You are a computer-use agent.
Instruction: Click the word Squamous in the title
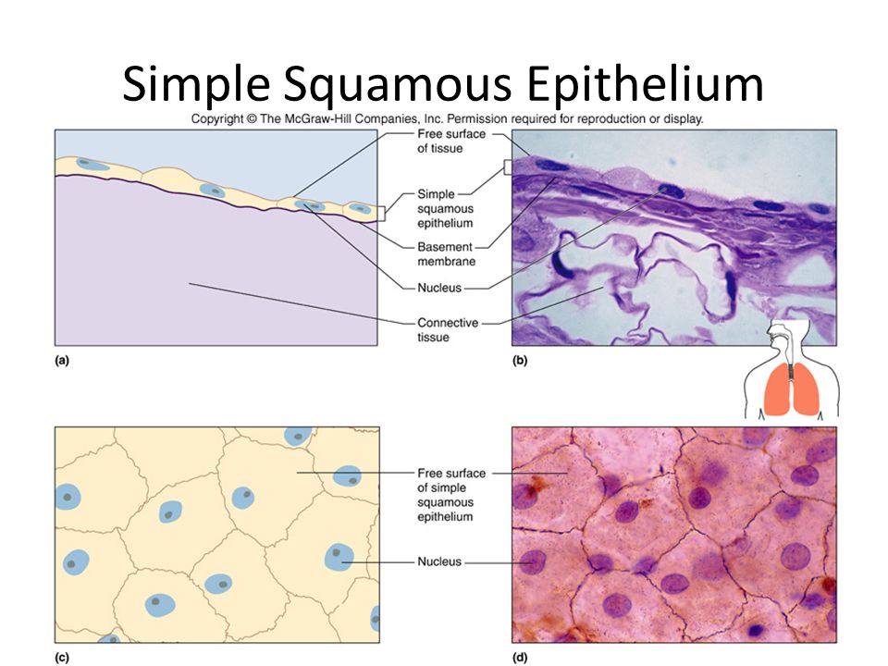[x=398, y=84]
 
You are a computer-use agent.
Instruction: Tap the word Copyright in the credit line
[x=216, y=119]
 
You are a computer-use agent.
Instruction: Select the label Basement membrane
[x=446, y=254]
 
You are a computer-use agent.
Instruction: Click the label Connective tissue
[x=448, y=329]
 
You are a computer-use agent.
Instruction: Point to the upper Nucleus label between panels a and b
[x=439, y=288]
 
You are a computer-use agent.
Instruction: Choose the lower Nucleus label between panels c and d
[x=439, y=561]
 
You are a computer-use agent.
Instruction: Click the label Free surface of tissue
[x=451, y=141]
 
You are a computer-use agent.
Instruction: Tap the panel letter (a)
[x=62, y=360]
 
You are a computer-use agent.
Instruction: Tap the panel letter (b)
[x=519, y=360]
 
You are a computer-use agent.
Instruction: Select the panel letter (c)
[x=62, y=658]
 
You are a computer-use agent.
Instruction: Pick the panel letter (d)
[x=519, y=658]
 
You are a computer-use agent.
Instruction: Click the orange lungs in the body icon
[x=791, y=389]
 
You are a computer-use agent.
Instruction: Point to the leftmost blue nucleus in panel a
[x=92, y=165]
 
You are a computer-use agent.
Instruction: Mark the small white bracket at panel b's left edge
[x=508, y=166]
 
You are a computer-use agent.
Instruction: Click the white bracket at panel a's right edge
[x=382, y=214]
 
